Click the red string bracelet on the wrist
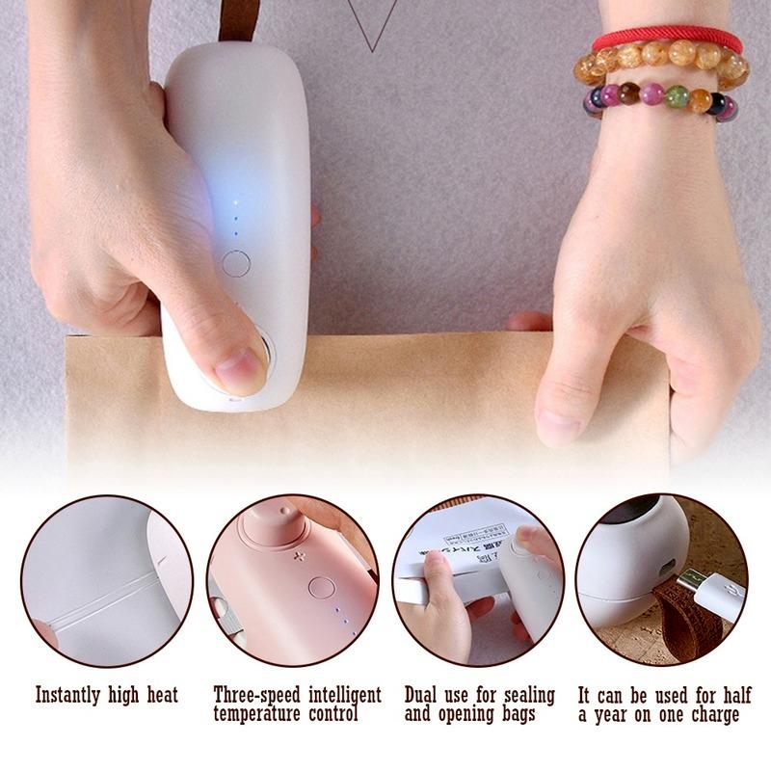coord(665,40)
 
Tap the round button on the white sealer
coord(235,263)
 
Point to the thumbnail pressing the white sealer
coord(239,370)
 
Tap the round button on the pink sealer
coord(321,587)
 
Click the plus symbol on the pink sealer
coord(299,557)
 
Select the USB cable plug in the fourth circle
coord(708,582)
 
